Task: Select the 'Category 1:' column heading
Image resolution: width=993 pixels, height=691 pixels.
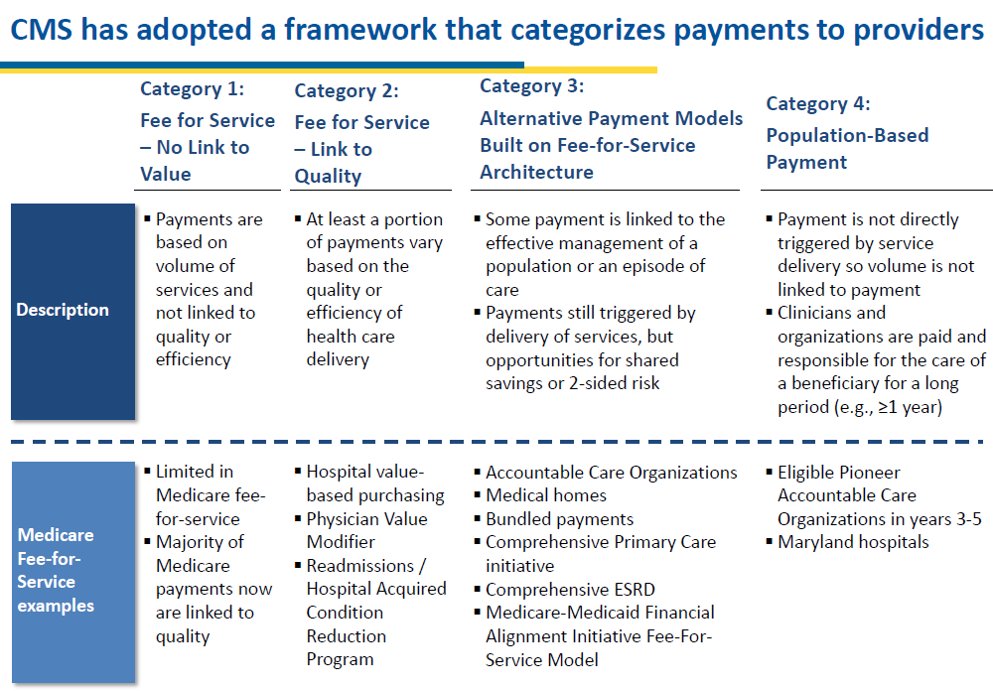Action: click(x=192, y=88)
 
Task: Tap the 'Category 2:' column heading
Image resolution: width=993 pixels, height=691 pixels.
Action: click(x=347, y=91)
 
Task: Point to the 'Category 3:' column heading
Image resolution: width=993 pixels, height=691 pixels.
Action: click(x=532, y=86)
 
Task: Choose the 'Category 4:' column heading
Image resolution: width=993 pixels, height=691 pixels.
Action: click(x=818, y=104)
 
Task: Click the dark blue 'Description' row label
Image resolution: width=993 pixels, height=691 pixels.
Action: click(x=72, y=311)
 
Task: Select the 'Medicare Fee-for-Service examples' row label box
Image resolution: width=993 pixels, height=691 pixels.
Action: click(x=72, y=572)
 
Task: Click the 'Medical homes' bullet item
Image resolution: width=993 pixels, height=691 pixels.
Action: click(x=546, y=495)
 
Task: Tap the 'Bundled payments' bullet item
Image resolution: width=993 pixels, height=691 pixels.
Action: click(x=559, y=519)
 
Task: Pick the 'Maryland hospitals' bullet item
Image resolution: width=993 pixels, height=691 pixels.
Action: click(x=853, y=542)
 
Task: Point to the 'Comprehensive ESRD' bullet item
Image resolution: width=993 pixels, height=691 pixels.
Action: click(x=570, y=590)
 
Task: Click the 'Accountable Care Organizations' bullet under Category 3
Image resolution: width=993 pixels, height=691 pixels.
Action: click(x=611, y=473)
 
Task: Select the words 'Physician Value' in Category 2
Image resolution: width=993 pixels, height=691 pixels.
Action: click(x=366, y=519)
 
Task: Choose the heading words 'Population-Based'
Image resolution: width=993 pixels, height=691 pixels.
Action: click(x=847, y=136)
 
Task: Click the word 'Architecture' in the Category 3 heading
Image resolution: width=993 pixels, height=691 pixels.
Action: click(x=536, y=173)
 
